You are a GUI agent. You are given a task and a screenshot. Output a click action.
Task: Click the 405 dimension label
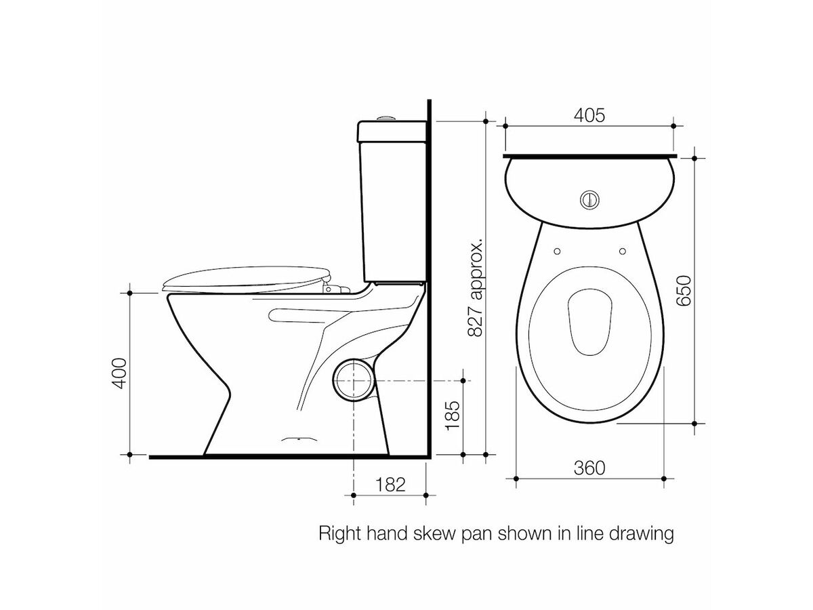tap(589, 116)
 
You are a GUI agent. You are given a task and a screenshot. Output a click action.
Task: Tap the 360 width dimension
tap(589, 467)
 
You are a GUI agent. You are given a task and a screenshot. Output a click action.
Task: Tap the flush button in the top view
tap(589, 199)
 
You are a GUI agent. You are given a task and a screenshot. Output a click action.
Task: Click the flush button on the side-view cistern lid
tap(385, 119)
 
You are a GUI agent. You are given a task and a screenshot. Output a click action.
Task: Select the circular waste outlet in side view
tap(352, 382)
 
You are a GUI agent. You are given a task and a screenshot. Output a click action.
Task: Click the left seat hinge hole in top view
tap(557, 251)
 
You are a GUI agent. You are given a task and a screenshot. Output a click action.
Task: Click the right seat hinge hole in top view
tap(621, 251)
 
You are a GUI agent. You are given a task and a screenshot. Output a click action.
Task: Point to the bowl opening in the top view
tap(589, 323)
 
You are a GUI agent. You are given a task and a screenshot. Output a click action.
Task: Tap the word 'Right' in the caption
tap(339, 534)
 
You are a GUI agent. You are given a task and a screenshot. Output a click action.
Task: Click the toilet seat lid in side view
tap(244, 278)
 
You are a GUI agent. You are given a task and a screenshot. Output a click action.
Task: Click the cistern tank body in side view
tap(393, 203)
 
